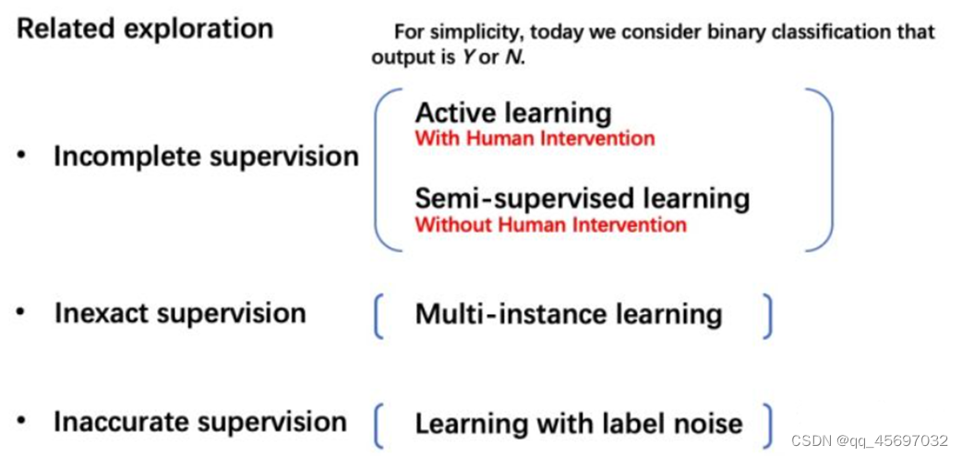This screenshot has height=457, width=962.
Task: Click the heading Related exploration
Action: coord(145,29)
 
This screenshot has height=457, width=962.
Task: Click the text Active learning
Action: coord(512,113)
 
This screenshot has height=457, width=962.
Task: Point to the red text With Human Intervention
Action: coord(535,138)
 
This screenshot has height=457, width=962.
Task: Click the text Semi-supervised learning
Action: coord(582,198)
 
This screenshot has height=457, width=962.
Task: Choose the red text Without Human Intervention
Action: coord(550,224)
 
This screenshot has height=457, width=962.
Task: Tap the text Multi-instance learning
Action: coord(568,314)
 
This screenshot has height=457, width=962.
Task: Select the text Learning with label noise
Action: coord(578,424)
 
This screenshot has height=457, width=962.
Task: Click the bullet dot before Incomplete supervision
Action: coord(21,156)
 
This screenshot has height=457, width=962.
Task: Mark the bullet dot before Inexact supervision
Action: coord(21,313)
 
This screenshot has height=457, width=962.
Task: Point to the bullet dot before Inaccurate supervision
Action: coord(21,422)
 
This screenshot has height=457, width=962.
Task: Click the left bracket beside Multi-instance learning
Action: coord(379,316)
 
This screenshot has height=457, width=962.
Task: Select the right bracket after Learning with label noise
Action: coord(766,424)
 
